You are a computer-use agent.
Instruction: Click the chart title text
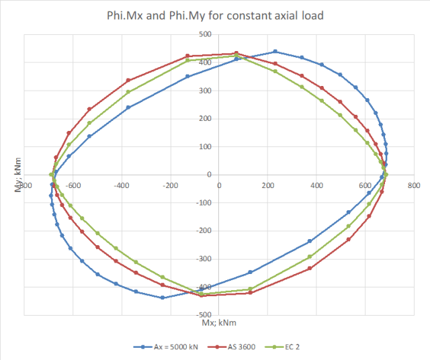(215, 15)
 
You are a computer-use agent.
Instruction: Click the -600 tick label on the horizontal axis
(73, 185)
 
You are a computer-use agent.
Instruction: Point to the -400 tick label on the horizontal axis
(121, 185)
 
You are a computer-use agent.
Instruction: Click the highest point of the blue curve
(275, 52)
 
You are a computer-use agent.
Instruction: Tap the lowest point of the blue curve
(163, 298)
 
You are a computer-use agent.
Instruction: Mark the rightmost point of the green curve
(386, 175)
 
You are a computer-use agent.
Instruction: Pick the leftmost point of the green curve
(51, 175)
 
